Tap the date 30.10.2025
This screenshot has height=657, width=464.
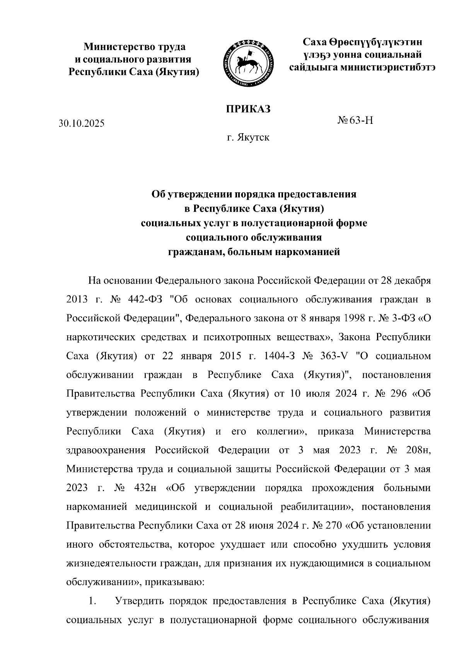82,124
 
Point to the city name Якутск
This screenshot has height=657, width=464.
254,138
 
